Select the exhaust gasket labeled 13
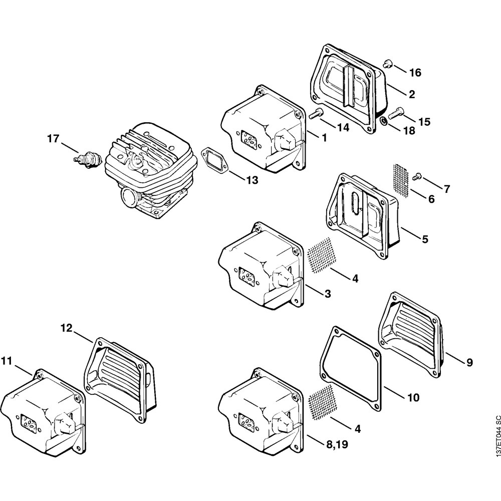(x=214, y=160)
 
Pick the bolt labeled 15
(x=396, y=112)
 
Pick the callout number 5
(x=424, y=239)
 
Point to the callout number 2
(x=411, y=94)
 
